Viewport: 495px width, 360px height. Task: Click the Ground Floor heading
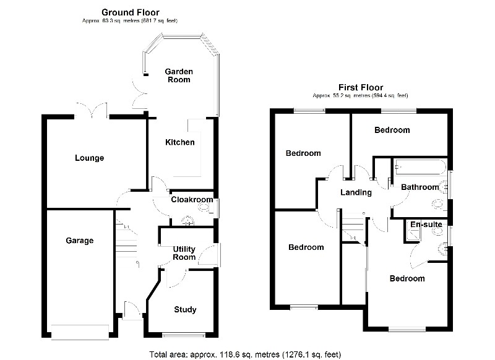click(130, 12)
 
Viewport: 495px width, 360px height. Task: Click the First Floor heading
click(360, 87)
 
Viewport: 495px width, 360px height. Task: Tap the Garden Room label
click(178, 75)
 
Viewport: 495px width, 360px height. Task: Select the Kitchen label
click(179, 142)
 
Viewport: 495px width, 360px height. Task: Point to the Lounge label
click(89, 158)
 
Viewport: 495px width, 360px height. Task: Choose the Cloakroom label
click(192, 200)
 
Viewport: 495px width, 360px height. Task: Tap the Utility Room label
click(184, 252)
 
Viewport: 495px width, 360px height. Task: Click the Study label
click(185, 309)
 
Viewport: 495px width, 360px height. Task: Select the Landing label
click(356, 192)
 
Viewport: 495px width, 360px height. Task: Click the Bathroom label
click(420, 187)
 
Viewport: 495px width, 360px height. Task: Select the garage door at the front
click(79, 332)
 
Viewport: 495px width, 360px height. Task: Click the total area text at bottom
click(245, 354)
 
